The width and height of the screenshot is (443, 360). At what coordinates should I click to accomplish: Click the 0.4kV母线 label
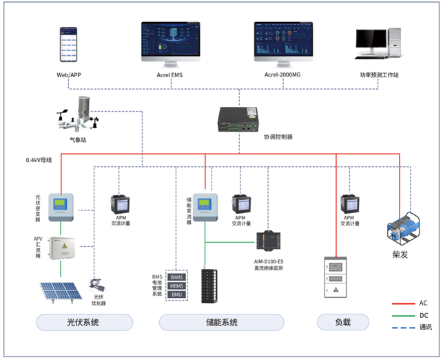(39, 160)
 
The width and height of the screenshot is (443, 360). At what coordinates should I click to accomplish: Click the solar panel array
(61, 292)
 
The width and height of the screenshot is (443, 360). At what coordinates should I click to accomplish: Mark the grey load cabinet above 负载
(334, 277)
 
